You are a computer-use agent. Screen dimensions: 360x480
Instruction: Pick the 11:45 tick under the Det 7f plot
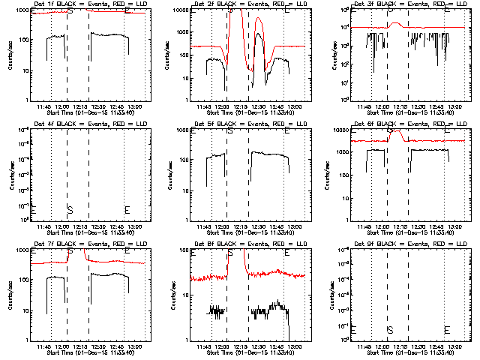(x=54, y=347)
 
